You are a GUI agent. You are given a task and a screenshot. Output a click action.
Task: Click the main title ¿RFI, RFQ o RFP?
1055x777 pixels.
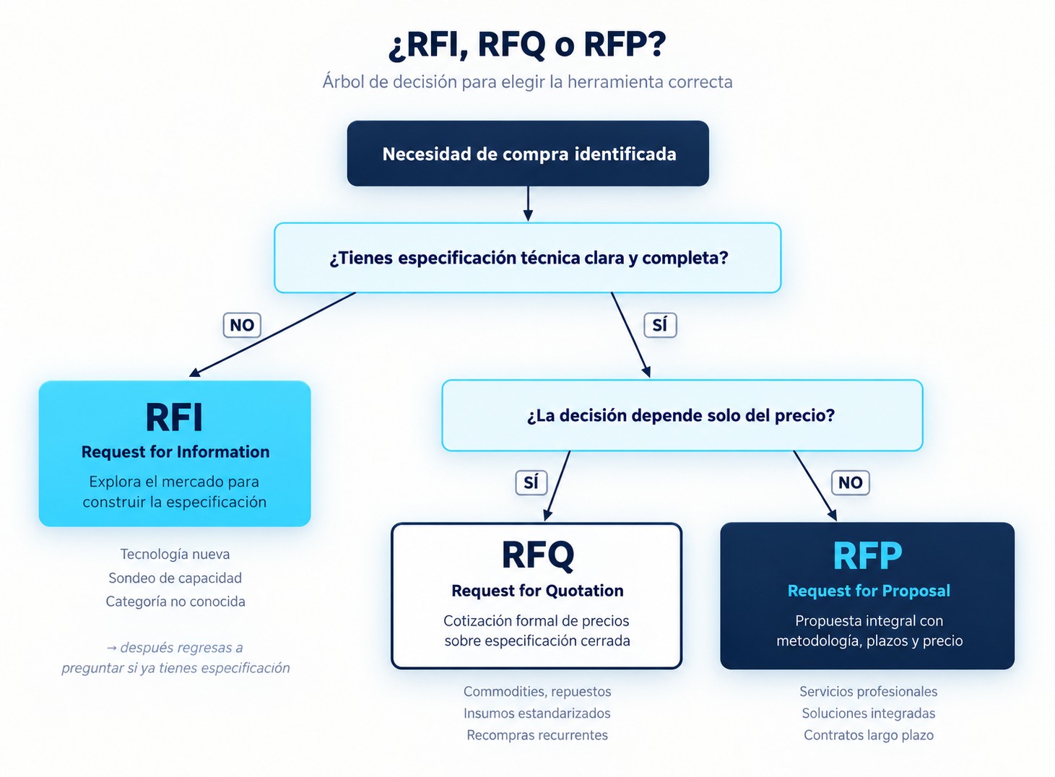pyautogui.click(x=527, y=45)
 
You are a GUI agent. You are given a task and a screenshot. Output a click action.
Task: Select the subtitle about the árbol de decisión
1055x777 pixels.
pyautogui.click(x=527, y=82)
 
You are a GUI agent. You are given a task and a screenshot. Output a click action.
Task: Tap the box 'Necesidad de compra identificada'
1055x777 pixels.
pyautogui.click(x=528, y=154)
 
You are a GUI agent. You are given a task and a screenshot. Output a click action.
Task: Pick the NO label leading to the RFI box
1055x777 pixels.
pyautogui.click(x=242, y=325)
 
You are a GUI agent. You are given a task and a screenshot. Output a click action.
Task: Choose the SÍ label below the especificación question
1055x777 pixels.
pyautogui.click(x=660, y=325)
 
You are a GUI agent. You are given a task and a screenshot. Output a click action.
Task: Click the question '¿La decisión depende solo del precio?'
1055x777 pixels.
pyautogui.click(x=682, y=415)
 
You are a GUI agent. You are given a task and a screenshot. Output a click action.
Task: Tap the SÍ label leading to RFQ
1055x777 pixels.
pyautogui.click(x=531, y=482)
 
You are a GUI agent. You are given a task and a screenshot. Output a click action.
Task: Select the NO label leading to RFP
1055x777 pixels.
pyautogui.click(x=851, y=482)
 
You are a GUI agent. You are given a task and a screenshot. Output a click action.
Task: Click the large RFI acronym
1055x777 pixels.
pyautogui.click(x=174, y=417)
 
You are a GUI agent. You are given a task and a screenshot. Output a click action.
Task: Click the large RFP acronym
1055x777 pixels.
pyautogui.click(x=867, y=556)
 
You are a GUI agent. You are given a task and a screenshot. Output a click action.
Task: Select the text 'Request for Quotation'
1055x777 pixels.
pyautogui.click(x=537, y=591)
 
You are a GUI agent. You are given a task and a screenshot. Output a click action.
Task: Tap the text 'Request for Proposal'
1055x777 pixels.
pyautogui.click(x=869, y=591)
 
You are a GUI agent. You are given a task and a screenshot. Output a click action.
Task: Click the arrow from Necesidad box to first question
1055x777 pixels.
pyautogui.click(x=528, y=204)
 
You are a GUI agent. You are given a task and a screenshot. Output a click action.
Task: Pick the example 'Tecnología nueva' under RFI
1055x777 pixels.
pyautogui.click(x=175, y=554)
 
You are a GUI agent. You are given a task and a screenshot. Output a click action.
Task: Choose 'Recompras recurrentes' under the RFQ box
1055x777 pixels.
pyautogui.click(x=537, y=734)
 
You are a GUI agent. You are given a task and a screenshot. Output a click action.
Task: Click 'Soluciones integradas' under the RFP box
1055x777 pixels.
pyautogui.click(x=869, y=713)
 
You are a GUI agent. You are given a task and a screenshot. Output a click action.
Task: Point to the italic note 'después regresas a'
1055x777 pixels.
pyautogui.click(x=175, y=648)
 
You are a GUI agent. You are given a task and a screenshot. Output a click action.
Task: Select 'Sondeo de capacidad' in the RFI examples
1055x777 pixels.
pyautogui.click(x=175, y=578)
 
